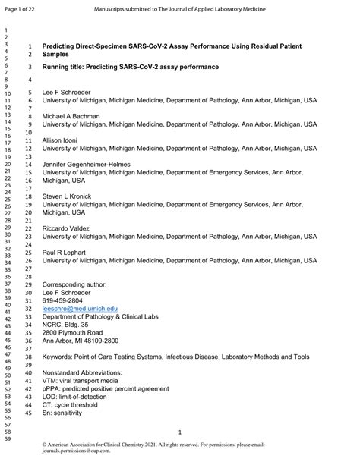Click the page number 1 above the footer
(x=179, y=430)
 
